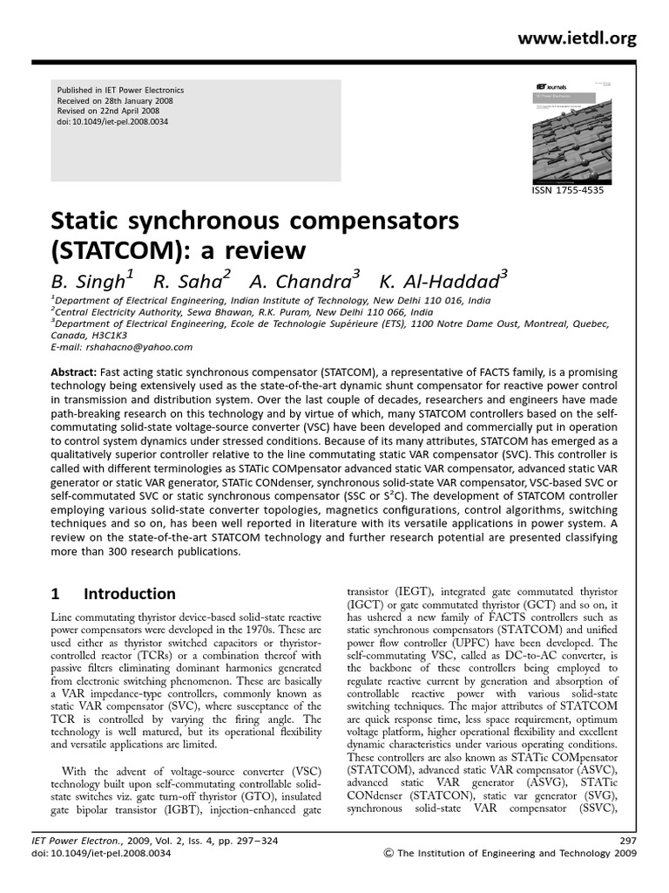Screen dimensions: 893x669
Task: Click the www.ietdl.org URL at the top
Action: tap(589, 38)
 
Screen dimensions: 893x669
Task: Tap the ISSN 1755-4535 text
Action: tap(567, 190)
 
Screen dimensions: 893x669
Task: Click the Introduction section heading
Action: tap(129, 594)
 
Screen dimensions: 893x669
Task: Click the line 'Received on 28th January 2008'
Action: tap(116, 101)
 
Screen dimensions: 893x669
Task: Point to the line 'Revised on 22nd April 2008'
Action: tap(109, 112)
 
